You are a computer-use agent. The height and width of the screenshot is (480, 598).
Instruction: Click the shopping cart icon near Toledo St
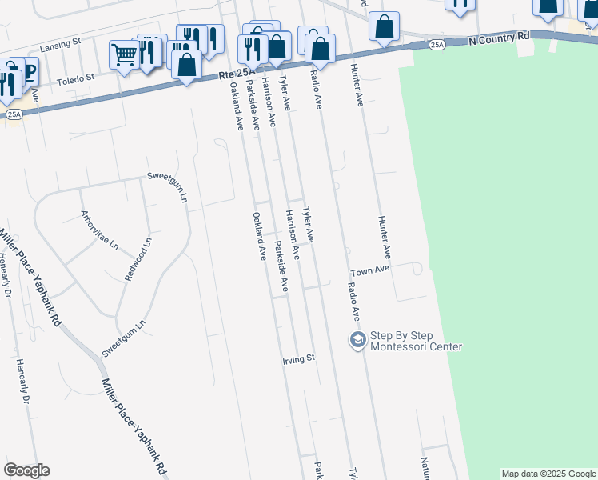(124, 55)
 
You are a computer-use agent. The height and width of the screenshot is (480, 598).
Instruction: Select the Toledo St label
(78, 78)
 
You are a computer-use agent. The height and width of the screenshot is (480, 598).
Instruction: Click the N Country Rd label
(500, 37)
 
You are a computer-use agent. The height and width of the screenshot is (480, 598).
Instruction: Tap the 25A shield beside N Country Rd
(437, 45)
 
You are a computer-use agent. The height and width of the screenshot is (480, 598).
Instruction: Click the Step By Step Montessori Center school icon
(357, 340)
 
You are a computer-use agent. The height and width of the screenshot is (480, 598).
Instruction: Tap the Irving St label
(299, 359)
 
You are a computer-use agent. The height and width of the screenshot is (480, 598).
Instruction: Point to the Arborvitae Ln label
(99, 230)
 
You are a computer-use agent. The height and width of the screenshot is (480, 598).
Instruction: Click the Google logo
(26, 470)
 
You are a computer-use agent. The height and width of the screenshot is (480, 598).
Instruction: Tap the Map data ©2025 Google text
(548, 474)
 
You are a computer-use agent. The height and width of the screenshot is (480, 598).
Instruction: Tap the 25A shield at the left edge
(14, 114)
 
